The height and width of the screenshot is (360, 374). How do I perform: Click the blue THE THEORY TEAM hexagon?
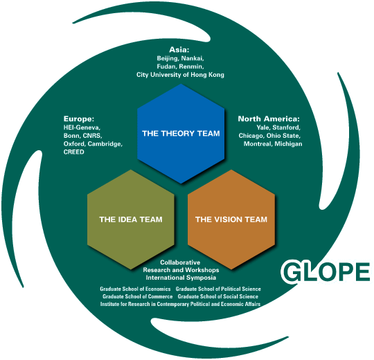(x=181, y=134)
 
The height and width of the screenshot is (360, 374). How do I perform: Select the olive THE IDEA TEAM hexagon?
(x=131, y=219)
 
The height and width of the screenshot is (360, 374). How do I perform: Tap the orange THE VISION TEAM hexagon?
(x=231, y=219)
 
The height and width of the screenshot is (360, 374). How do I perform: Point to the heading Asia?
(x=179, y=50)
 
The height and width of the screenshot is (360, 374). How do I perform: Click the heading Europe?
(x=79, y=118)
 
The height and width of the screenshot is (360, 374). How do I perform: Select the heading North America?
(x=269, y=118)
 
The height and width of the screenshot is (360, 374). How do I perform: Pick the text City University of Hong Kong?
(x=180, y=75)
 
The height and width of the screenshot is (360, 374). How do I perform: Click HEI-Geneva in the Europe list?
(x=82, y=127)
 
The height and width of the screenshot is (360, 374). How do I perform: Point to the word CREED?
(x=73, y=152)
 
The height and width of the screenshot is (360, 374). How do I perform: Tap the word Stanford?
(x=287, y=127)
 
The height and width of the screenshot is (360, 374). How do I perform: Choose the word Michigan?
(x=288, y=144)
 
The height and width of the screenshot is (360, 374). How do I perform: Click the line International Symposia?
(x=181, y=278)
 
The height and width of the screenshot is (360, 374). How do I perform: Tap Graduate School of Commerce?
(x=138, y=296)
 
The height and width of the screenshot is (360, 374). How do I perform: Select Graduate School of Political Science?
(x=218, y=289)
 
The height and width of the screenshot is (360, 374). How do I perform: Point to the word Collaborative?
(x=180, y=262)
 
